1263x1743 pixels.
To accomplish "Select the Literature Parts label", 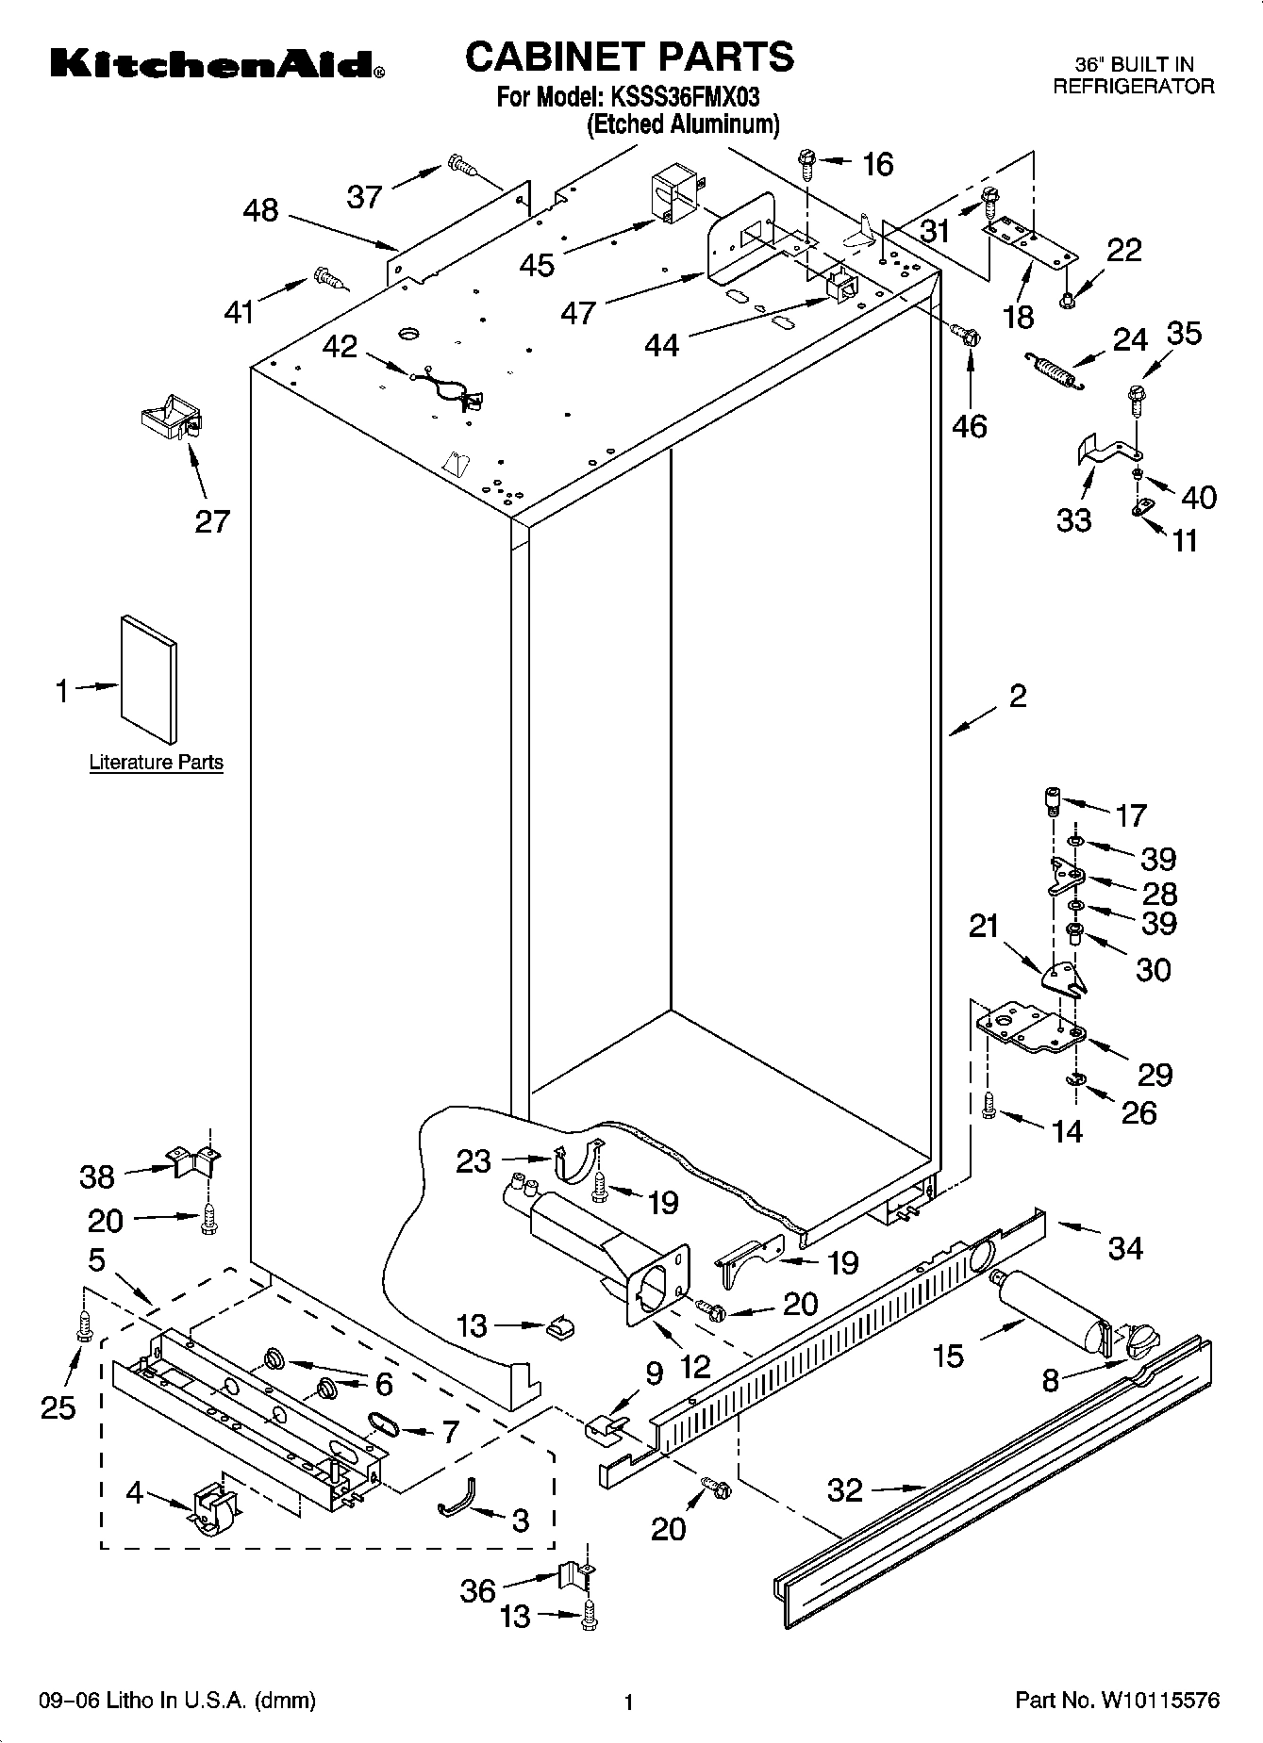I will pos(157,762).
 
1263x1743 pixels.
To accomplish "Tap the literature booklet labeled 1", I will pos(148,679).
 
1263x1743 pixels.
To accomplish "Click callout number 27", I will pos(212,520).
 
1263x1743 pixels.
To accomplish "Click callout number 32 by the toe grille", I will pos(844,1490).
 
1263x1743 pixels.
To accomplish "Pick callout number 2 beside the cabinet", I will pos(1017,697).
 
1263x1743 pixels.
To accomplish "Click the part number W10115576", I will pos(1156,1701).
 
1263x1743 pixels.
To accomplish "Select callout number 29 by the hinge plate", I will pos(1155,1074).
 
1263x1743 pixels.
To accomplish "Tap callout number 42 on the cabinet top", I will pos(340,347).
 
